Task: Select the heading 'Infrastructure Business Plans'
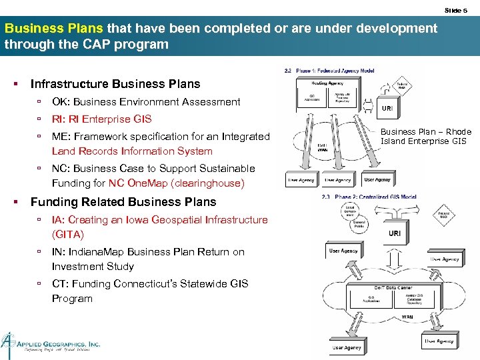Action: pyautogui.click(x=115, y=84)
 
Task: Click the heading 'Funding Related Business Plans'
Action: pyautogui.click(x=123, y=202)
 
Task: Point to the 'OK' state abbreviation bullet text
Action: pyautogui.click(x=59, y=102)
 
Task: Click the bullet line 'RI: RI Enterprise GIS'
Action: pyautogui.click(x=101, y=119)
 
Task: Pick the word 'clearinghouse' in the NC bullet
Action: pyautogui.click(x=208, y=183)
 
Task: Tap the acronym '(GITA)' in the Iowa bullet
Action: pyautogui.click(x=68, y=235)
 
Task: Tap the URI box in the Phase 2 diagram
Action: pyautogui.click(x=395, y=233)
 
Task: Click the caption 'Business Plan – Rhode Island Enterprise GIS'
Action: pyautogui.click(x=425, y=137)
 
